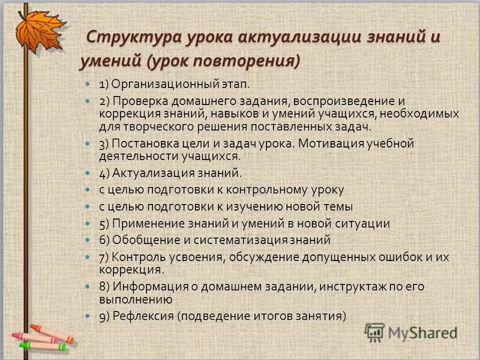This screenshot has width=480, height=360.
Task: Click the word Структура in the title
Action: tap(123, 37)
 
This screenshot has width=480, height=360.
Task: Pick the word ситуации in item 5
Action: tap(363, 224)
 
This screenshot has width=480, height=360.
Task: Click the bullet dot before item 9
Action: tap(88, 316)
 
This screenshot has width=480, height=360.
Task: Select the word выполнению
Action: tap(136, 299)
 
